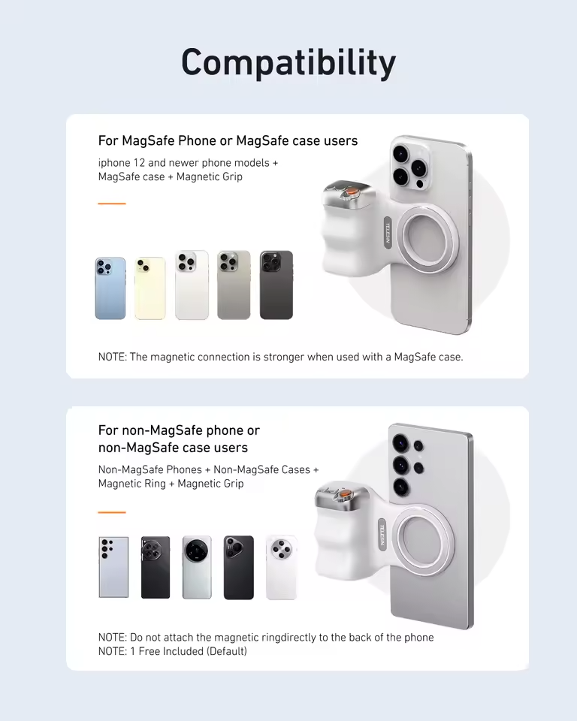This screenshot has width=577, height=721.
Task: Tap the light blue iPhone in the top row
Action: click(x=110, y=288)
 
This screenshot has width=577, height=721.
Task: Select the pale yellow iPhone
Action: click(x=150, y=288)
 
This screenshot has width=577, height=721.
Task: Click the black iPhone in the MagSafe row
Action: click(x=276, y=285)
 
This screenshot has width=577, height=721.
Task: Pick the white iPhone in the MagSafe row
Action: click(x=192, y=285)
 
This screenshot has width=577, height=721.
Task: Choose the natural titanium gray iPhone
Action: click(x=234, y=285)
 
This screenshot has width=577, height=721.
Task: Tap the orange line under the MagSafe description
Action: click(x=112, y=204)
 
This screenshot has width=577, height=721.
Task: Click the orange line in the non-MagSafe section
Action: click(x=112, y=512)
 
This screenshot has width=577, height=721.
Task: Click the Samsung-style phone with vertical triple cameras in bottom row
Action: click(x=113, y=567)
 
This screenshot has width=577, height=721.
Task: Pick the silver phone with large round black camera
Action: click(x=197, y=567)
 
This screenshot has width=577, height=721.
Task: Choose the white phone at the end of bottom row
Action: click(x=281, y=567)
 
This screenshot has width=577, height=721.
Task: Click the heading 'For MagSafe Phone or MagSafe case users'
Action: click(x=228, y=141)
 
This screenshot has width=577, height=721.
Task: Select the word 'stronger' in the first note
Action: click(x=287, y=357)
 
